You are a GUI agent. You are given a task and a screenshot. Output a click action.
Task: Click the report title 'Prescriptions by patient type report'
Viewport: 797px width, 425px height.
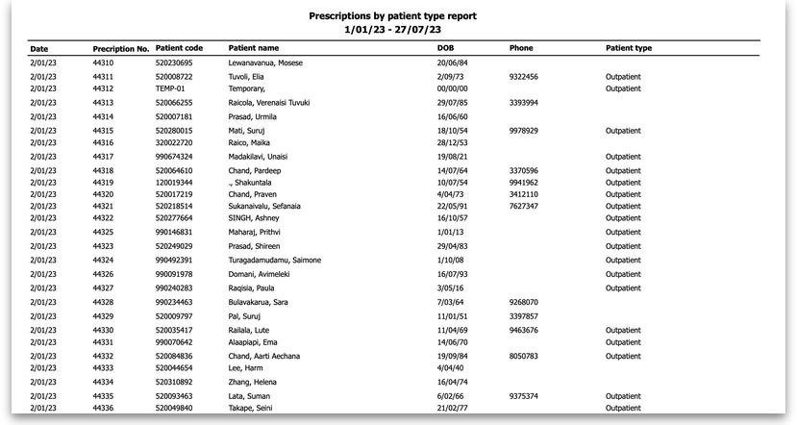[x=392, y=16]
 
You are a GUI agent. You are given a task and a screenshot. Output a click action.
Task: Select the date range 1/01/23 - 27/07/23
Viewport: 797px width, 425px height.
[x=392, y=30]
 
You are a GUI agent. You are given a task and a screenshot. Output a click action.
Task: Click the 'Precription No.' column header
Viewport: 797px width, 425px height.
[x=120, y=48]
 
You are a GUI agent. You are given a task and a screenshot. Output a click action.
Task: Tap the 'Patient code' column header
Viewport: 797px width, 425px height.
[x=179, y=48]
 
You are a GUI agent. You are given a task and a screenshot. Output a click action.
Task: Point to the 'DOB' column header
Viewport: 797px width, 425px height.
[x=445, y=48]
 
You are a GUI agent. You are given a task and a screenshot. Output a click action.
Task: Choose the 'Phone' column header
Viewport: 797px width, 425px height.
[x=521, y=48]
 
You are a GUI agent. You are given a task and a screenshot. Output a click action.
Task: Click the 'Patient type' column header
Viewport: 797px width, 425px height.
[x=629, y=48]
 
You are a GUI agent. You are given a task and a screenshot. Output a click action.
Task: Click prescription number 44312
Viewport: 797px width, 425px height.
[x=103, y=87]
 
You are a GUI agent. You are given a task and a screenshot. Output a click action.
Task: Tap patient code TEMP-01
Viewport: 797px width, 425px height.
[x=170, y=87]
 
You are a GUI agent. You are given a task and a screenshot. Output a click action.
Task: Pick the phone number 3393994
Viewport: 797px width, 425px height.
[x=523, y=102]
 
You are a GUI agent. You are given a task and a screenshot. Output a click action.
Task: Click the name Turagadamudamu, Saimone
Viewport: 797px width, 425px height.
[x=274, y=260]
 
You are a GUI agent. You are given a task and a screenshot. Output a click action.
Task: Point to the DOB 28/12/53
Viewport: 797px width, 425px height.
[x=451, y=141]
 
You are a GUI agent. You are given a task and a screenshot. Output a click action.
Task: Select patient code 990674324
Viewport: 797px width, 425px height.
[x=174, y=156]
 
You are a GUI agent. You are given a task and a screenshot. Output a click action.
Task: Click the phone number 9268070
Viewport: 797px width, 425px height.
[x=523, y=302]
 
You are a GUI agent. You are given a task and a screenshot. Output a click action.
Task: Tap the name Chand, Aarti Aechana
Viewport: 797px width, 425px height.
[x=264, y=356]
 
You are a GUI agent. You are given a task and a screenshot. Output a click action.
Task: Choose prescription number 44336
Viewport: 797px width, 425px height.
[x=103, y=408]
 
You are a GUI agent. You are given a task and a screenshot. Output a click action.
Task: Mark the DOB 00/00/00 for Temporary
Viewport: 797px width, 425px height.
[x=451, y=87]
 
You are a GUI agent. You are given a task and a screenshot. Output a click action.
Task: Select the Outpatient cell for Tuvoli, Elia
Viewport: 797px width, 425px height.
[x=623, y=77]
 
